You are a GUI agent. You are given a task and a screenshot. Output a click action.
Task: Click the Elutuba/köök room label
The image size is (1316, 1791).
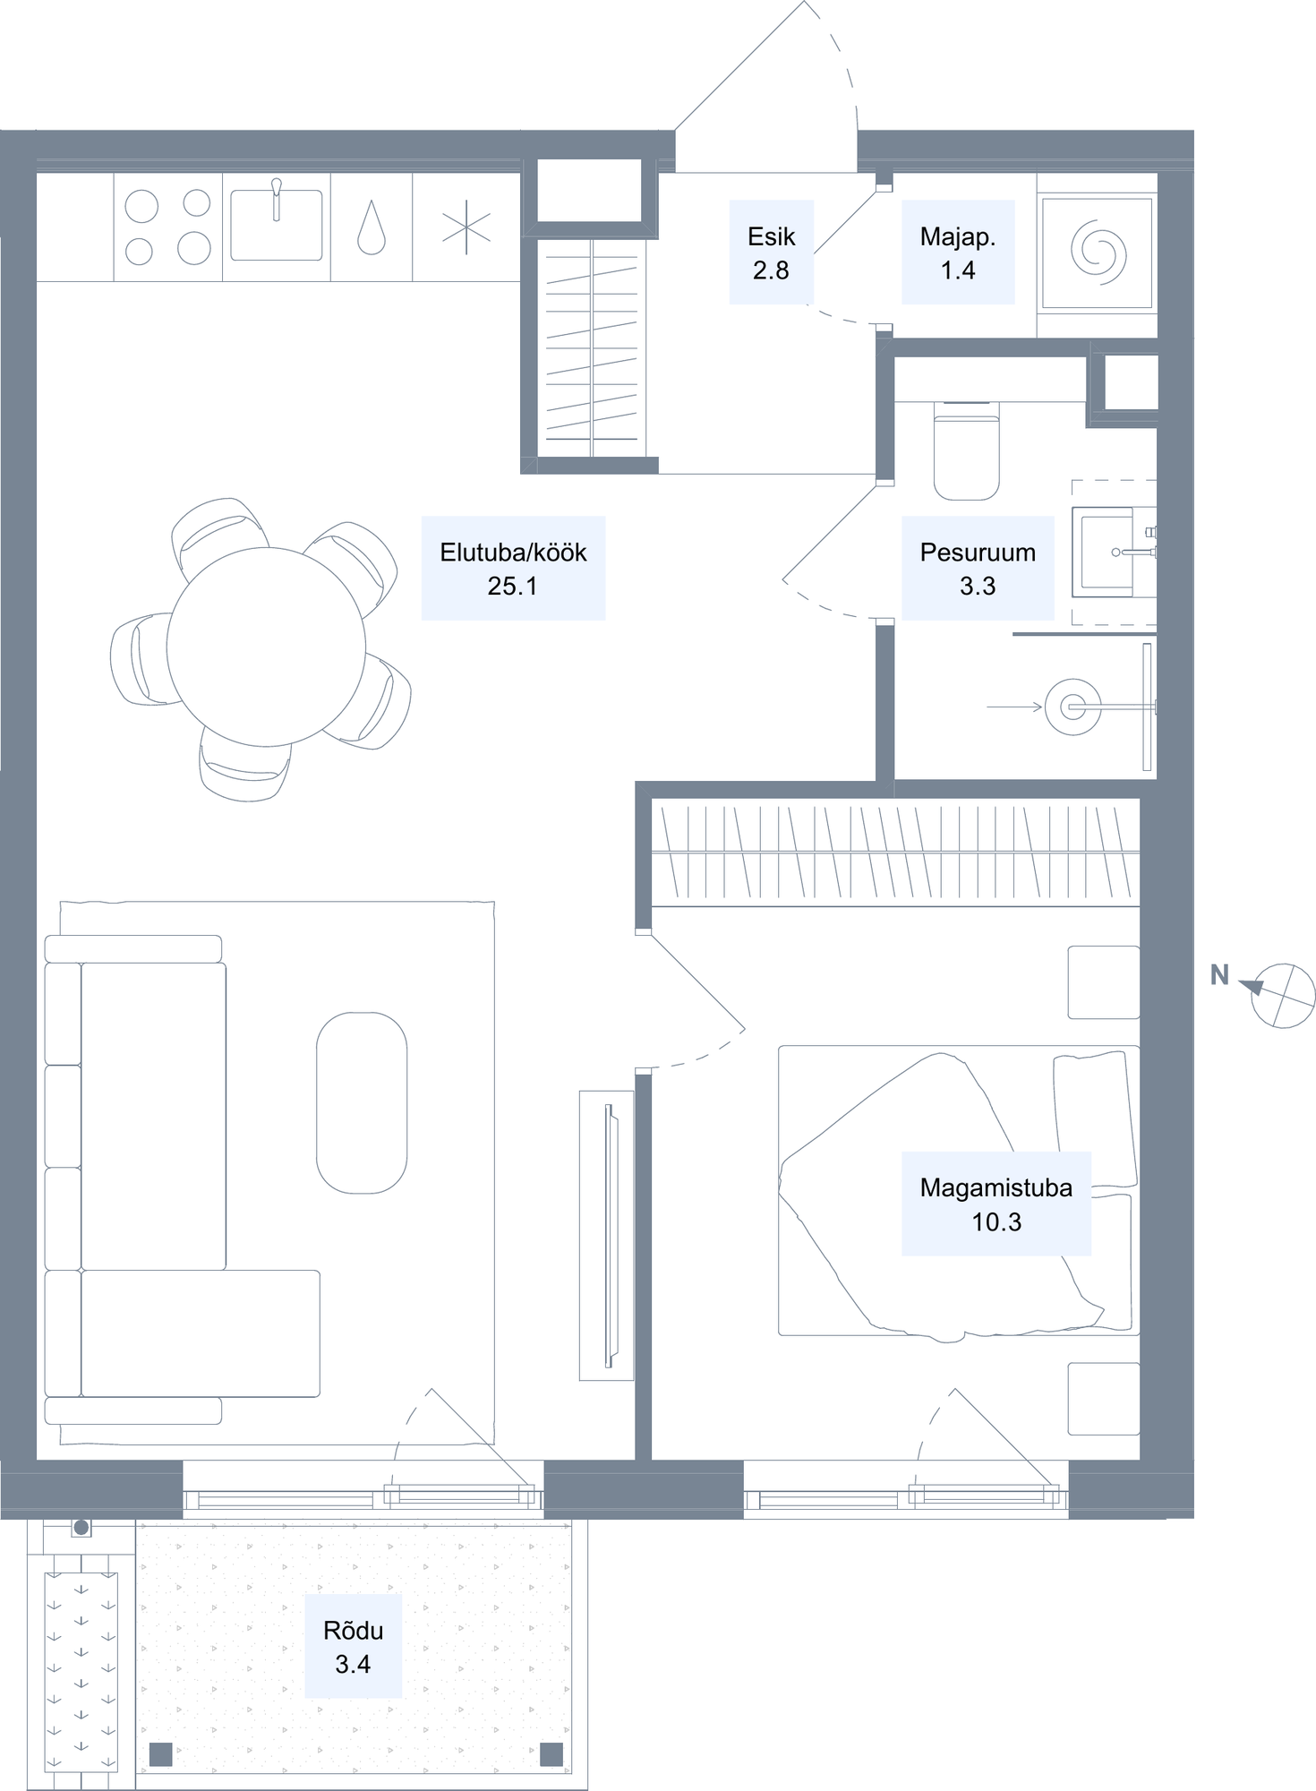(513, 568)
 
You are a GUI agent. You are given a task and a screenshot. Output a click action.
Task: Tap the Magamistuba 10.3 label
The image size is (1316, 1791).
(996, 1204)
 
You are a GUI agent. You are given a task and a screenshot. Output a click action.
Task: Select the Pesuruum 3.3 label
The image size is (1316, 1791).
(978, 568)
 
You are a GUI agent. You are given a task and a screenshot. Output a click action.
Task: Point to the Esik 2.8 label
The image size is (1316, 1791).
(771, 253)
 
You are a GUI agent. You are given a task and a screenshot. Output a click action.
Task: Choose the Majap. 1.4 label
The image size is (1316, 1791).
(958, 253)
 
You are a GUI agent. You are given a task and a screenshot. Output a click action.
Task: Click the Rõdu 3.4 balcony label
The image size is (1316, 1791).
(353, 1646)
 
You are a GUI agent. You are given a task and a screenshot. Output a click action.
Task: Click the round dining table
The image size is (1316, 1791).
(266, 646)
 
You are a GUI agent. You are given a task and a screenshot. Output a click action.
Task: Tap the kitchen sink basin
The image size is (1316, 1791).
(276, 225)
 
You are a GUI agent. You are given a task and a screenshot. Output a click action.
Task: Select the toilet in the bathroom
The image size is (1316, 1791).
(966, 450)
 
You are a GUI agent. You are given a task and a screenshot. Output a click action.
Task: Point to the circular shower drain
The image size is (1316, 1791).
(1072, 707)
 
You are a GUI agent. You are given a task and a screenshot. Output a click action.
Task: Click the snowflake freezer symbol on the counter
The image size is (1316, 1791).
(466, 227)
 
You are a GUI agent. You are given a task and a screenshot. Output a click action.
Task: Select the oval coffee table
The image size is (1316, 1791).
(362, 1102)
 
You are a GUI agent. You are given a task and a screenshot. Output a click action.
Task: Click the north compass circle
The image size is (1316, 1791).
(1283, 995)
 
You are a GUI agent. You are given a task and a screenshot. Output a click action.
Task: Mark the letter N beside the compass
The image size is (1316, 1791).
(1219, 975)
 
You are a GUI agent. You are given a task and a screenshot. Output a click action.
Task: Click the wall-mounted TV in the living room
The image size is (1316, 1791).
(611, 1236)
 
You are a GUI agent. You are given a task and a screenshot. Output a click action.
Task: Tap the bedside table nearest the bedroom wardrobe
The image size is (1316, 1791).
(1104, 982)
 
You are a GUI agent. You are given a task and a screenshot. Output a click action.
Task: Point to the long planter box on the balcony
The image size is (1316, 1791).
(81, 1672)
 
